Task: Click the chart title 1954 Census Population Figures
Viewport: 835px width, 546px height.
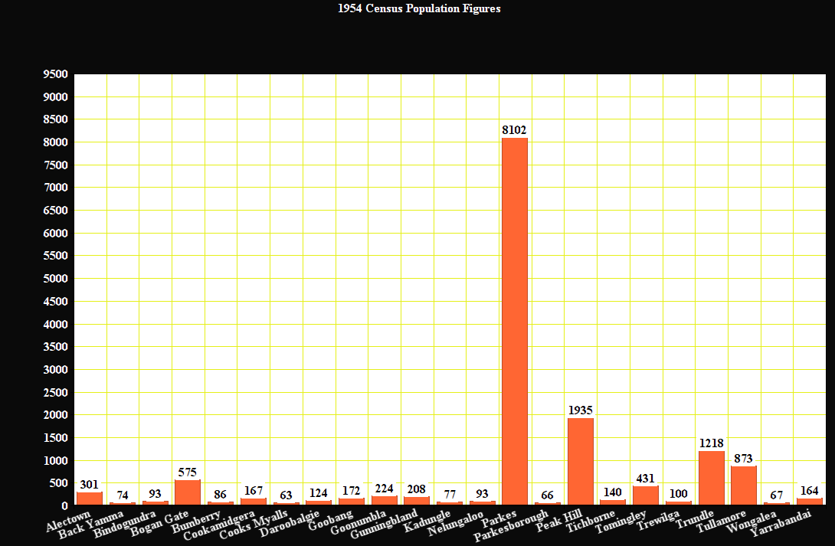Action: tap(419, 9)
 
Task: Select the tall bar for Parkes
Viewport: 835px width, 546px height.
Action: tap(515, 322)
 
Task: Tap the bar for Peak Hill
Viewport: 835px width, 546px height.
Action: tap(581, 462)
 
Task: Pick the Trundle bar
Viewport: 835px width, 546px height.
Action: tap(712, 479)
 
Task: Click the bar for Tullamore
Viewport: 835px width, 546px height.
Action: tap(744, 486)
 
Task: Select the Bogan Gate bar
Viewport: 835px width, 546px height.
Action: tap(188, 492)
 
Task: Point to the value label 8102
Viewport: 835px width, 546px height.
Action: tap(515, 130)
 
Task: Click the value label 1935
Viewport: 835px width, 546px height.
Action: tap(581, 410)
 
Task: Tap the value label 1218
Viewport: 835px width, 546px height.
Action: tap(712, 443)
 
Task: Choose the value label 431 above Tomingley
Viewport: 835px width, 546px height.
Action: tap(646, 479)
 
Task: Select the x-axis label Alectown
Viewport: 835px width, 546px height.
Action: tap(70, 522)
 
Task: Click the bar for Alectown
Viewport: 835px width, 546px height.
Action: tap(90, 499)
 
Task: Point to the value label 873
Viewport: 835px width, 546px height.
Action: tap(744, 459)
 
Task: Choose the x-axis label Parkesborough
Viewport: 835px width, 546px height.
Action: tap(512, 526)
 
